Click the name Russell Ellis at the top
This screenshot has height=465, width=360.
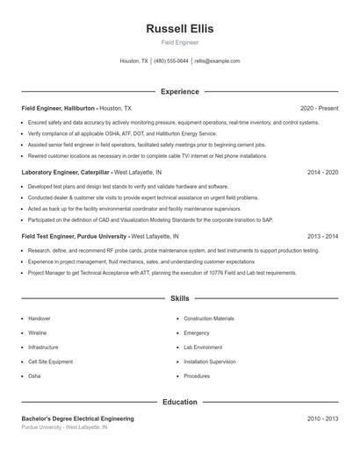click(179, 28)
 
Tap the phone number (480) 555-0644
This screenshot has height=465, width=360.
click(170, 61)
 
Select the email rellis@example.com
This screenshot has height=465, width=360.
click(217, 61)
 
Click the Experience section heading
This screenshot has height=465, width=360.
click(179, 91)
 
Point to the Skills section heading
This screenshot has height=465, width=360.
click(179, 299)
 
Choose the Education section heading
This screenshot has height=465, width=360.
click(179, 402)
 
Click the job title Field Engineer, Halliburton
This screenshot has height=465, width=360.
click(58, 108)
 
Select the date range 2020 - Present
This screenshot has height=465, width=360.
click(319, 108)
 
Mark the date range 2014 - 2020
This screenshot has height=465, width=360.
click(322, 173)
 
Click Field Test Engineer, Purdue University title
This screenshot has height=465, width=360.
click(75, 237)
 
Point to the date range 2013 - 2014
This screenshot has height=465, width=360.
click(322, 237)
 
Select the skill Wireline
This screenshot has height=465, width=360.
click(38, 333)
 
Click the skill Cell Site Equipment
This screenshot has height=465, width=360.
click(50, 361)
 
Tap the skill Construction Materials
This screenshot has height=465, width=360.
click(209, 318)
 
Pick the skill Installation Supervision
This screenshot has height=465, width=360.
click(210, 361)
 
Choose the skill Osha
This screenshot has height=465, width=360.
click(34, 376)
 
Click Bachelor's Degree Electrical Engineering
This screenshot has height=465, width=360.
click(77, 419)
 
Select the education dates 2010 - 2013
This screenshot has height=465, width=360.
click(322, 419)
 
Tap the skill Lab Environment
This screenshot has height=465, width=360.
click(203, 347)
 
